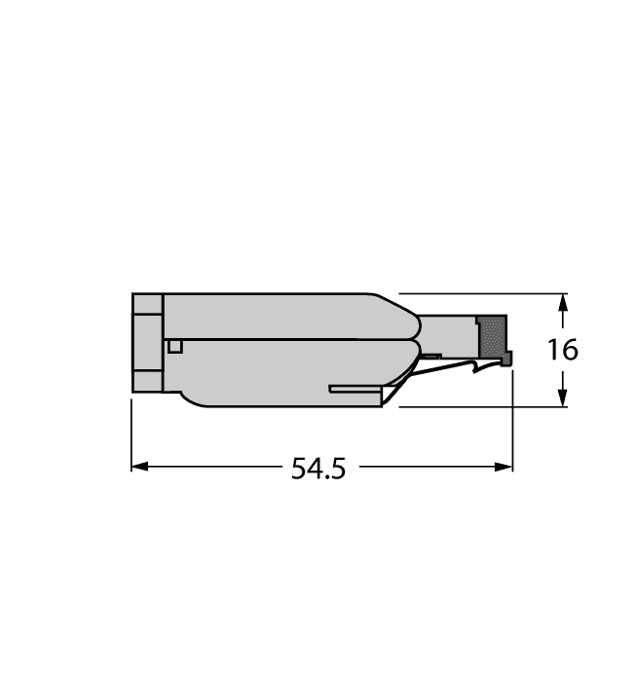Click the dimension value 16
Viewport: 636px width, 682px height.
(x=562, y=350)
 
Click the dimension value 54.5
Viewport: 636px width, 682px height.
(x=318, y=469)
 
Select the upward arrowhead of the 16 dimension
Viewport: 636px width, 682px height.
(x=561, y=303)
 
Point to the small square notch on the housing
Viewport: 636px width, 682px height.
(x=174, y=346)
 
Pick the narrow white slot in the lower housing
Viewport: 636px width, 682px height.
(x=355, y=389)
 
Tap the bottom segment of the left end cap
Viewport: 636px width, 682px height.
(x=147, y=381)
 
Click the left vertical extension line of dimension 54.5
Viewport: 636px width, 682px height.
(x=131, y=434)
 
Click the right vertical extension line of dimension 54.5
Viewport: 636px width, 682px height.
(x=512, y=419)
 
